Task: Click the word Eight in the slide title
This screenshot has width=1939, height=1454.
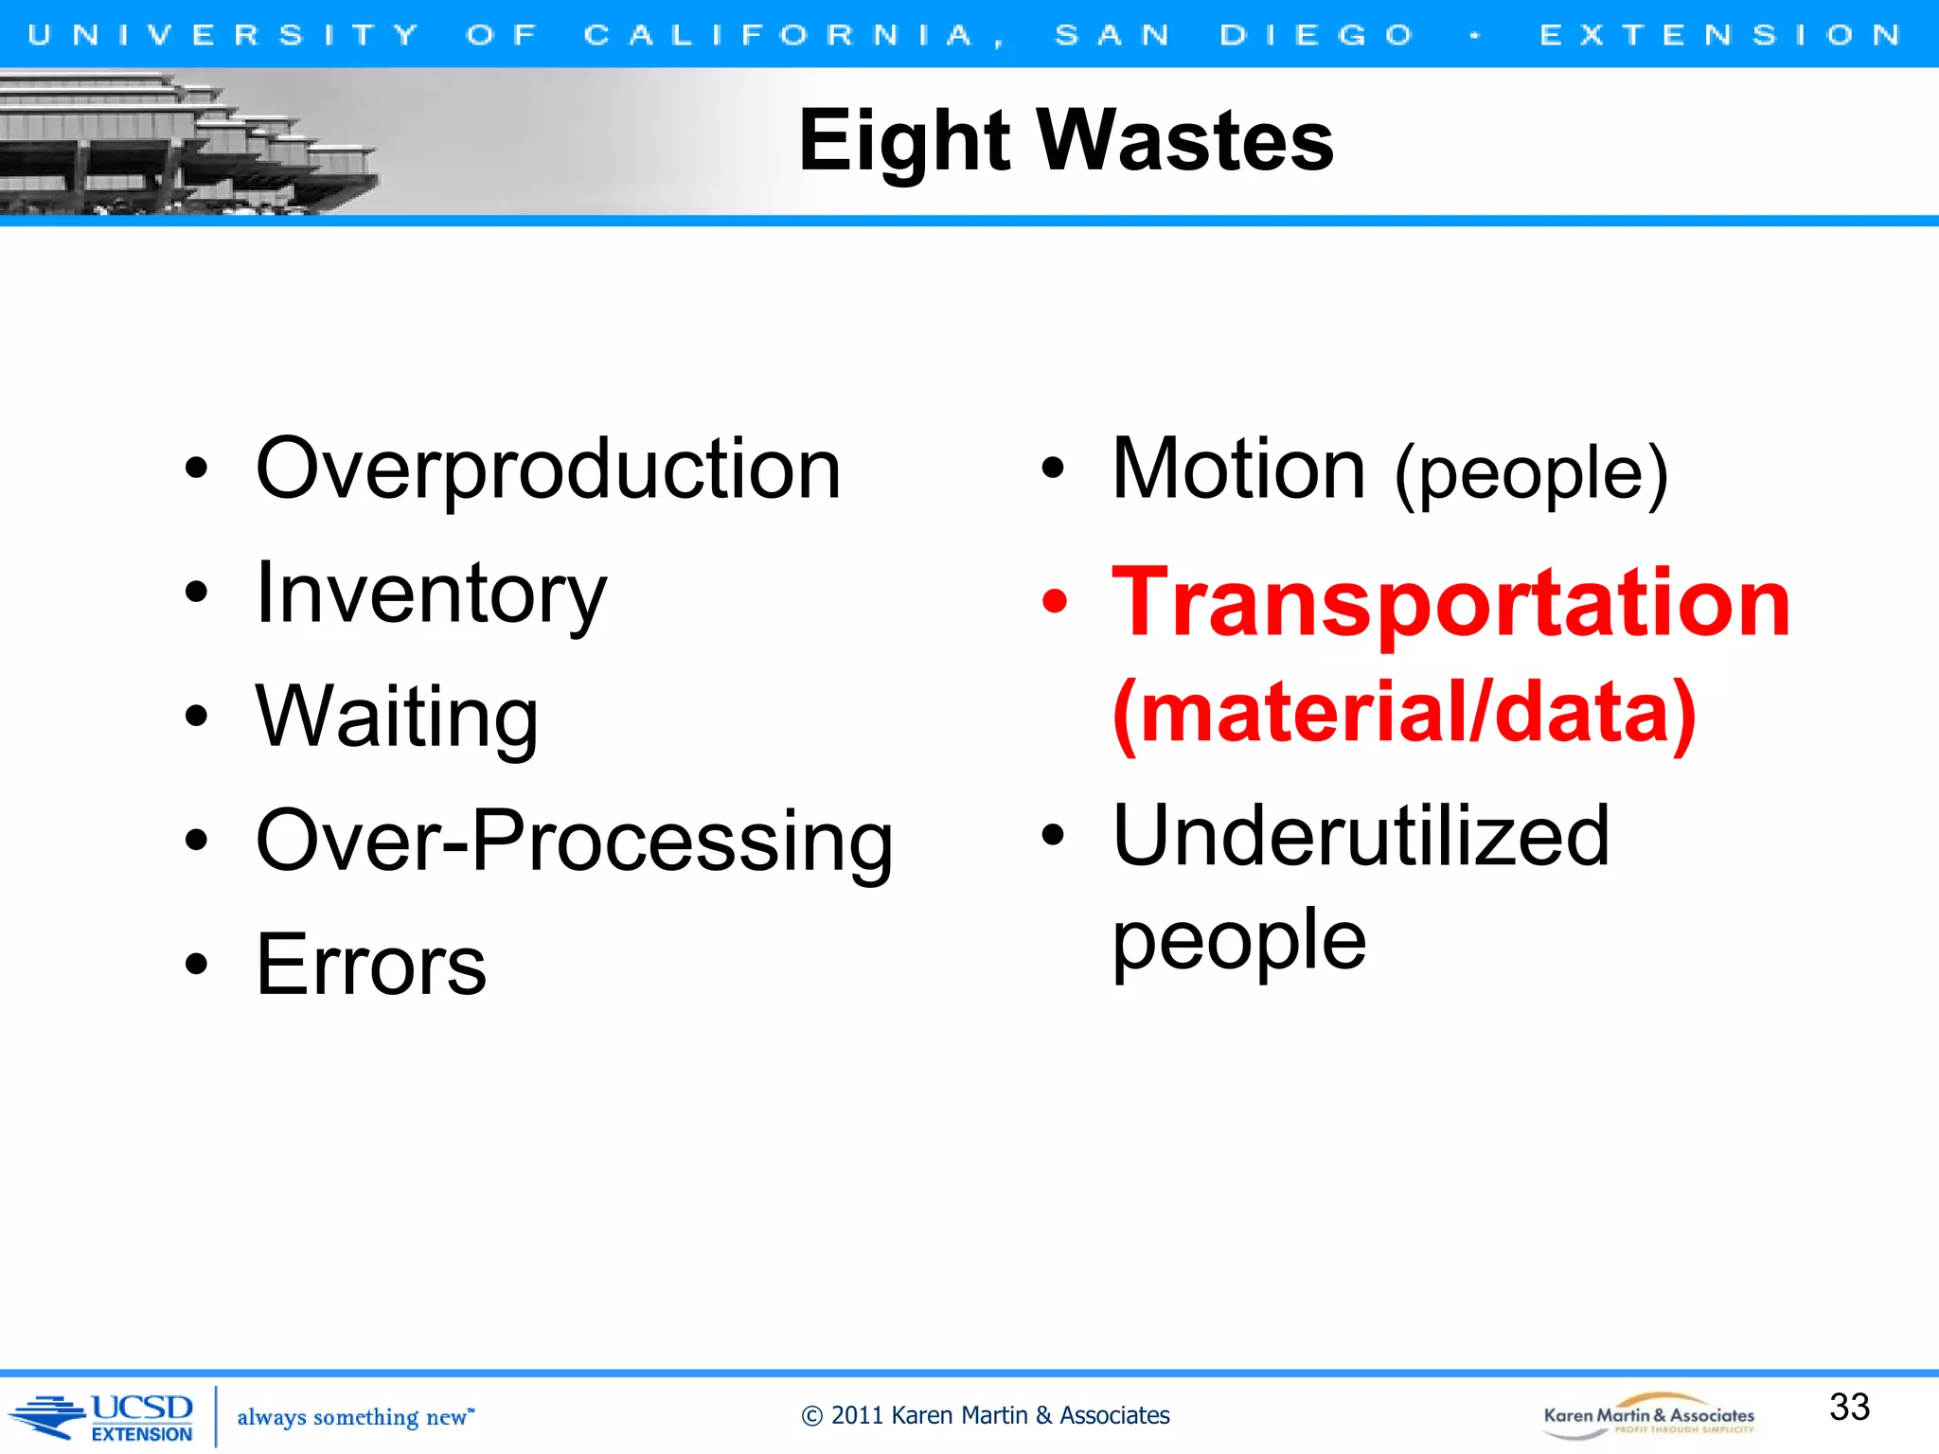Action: [904, 142]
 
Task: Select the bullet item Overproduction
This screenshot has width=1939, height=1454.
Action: [548, 470]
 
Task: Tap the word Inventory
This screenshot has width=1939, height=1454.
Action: [431, 594]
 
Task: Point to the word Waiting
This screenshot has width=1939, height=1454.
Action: [397, 718]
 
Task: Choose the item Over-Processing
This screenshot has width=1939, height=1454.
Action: [574, 842]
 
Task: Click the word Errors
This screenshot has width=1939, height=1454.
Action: [371, 966]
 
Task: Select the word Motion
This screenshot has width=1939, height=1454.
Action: [1237, 470]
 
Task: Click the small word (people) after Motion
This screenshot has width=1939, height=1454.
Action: [1531, 474]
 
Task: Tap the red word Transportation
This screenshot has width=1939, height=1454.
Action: [1450, 603]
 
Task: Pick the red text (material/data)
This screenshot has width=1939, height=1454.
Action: [1404, 713]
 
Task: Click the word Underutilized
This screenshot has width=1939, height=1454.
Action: [1361, 837]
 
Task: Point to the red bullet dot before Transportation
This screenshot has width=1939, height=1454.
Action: [1054, 601]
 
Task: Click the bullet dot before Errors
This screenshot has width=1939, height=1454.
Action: [196, 965]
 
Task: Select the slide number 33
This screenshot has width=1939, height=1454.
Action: [1849, 1408]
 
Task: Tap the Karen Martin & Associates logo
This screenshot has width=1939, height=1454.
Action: [1648, 1416]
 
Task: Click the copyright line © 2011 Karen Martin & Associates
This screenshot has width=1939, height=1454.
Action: [986, 1416]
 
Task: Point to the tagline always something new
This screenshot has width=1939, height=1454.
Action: [354, 1417]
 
